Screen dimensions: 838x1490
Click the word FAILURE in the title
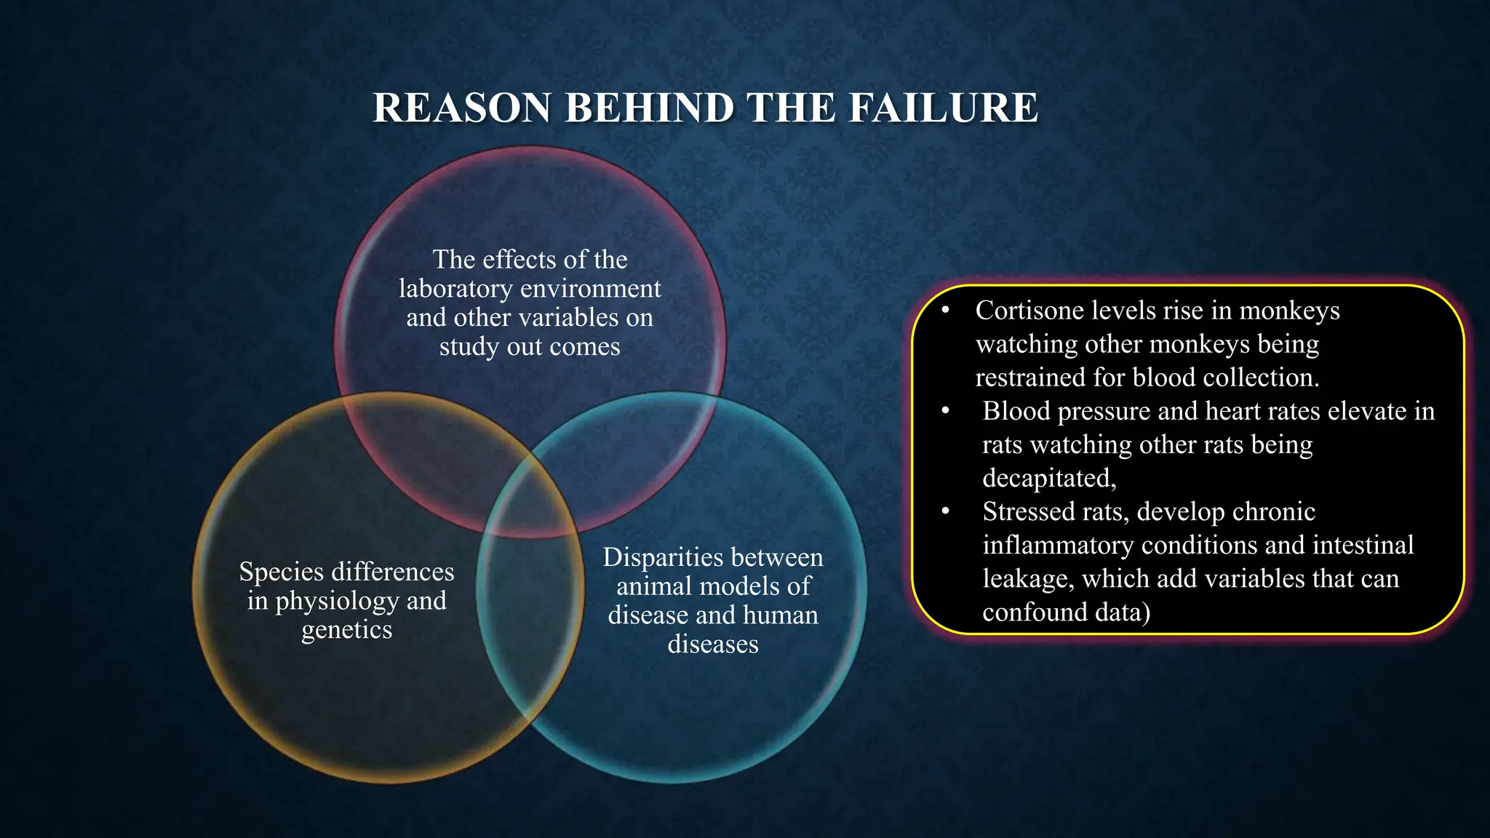click(x=943, y=108)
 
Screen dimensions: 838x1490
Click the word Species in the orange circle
click(x=282, y=572)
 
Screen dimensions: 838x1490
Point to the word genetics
click(x=346, y=630)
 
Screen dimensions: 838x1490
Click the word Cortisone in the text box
click(x=1029, y=311)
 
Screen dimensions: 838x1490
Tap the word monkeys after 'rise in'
click(x=1289, y=311)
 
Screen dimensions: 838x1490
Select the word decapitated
click(x=1048, y=478)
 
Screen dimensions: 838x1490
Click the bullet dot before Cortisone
click(x=945, y=311)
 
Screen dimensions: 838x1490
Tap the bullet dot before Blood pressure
click(x=945, y=411)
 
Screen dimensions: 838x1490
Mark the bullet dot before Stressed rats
click(x=945, y=511)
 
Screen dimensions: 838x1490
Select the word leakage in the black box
click(x=1028, y=578)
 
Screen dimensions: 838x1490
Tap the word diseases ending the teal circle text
click(x=713, y=645)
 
